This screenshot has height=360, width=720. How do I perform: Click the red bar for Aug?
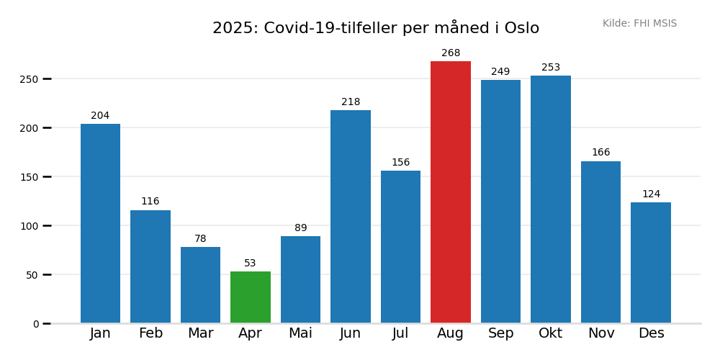[x=451, y=192]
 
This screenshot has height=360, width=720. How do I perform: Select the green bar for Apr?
[x=251, y=297]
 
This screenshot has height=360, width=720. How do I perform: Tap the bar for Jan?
[x=100, y=223]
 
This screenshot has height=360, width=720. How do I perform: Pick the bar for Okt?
[x=551, y=199]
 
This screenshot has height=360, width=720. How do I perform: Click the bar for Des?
[x=651, y=263]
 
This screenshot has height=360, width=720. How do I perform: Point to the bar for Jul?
[x=400, y=247]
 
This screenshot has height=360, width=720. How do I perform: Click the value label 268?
[x=451, y=53]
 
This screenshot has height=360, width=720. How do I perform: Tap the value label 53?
[x=250, y=264]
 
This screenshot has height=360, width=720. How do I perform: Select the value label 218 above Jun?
[x=351, y=102]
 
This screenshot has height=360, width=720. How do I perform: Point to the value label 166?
[x=600, y=153]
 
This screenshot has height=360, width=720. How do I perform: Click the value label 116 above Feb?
[x=150, y=202]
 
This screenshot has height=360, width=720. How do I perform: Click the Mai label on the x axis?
[x=300, y=333]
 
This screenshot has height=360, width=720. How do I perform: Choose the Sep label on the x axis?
[x=500, y=333]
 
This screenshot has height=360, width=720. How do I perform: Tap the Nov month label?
[x=601, y=333]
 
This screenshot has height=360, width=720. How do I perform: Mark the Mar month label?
[x=200, y=333]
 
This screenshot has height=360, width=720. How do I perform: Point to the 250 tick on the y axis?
[x=29, y=79]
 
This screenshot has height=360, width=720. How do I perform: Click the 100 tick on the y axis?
[x=29, y=226]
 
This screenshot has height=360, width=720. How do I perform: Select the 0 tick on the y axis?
[x=36, y=324]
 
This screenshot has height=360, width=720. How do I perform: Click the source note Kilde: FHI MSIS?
[x=639, y=24]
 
